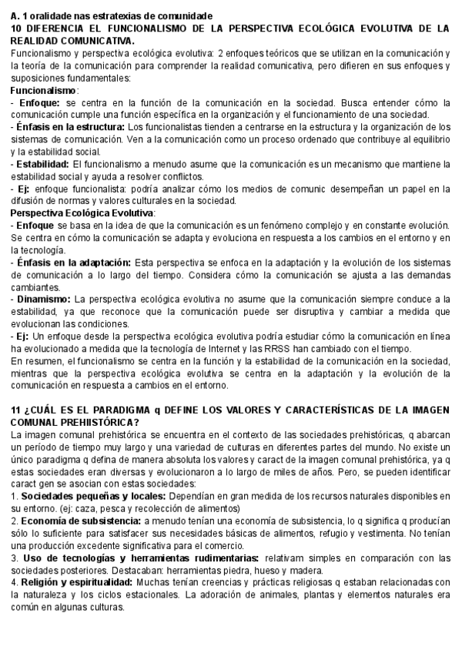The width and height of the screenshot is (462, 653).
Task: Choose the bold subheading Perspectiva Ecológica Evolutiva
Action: click(82, 213)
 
